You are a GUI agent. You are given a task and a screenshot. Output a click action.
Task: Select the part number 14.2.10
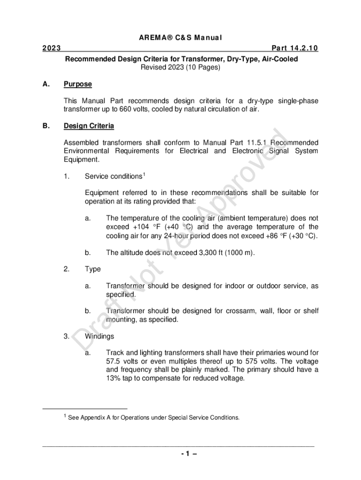(x=302, y=48)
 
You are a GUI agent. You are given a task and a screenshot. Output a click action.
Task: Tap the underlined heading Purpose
(x=77, y=84)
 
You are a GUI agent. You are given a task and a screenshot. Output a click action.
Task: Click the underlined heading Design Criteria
(x=89, y=127)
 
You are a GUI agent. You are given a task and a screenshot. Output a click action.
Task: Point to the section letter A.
(x=45, y=84)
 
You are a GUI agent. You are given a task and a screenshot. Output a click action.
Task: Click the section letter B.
(x=45, y=127)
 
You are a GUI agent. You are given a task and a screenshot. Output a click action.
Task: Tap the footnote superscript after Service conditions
(x=144, y=175)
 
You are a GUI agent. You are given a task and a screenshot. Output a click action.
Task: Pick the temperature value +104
(x=141, y=227)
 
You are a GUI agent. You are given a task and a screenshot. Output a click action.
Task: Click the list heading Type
(x=92, y=269)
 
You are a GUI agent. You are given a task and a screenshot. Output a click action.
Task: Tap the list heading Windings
(x=99, y=337)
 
